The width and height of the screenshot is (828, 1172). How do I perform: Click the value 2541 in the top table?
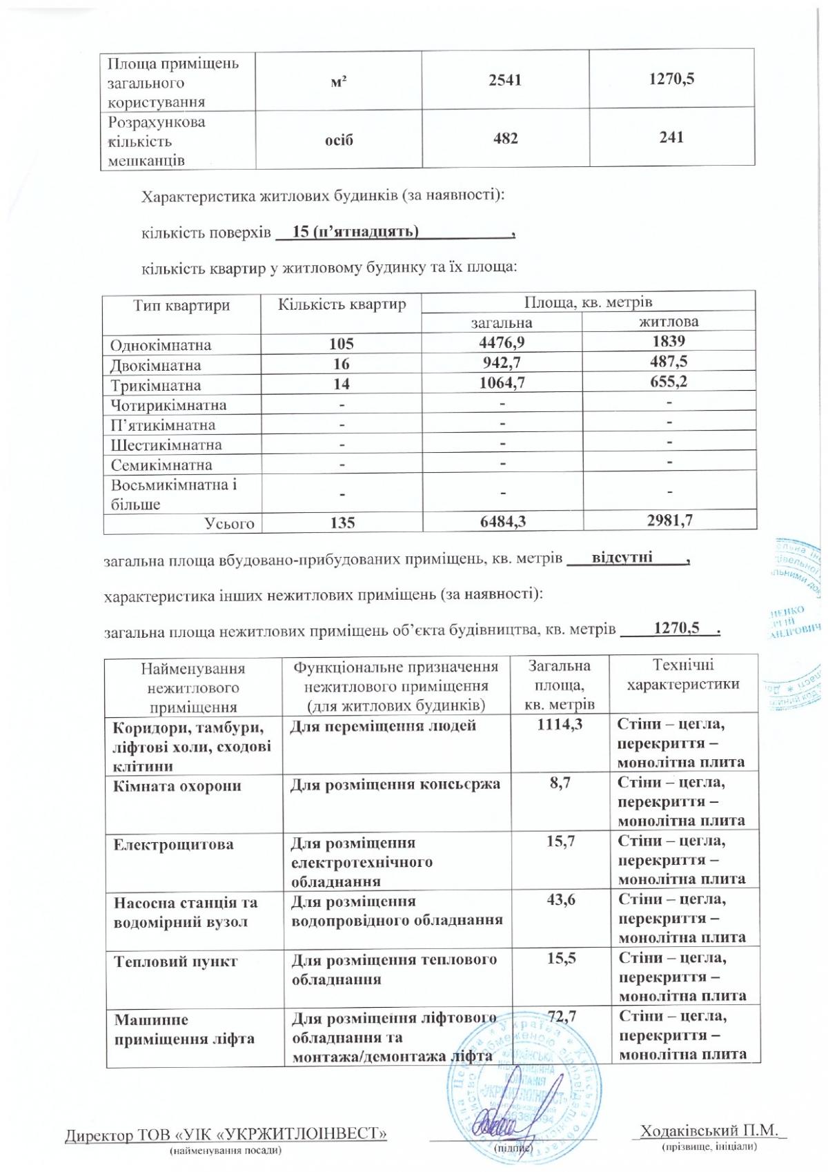coord(505,79)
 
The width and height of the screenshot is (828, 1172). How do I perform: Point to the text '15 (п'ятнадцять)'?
coord(356,231)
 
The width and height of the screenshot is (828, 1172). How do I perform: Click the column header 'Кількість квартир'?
coord(342,304)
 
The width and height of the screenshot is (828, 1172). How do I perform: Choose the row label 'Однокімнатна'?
coord(161,344)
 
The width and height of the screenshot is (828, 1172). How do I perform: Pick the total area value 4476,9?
coord(502,342)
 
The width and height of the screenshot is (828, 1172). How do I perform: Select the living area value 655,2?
coord(667,382)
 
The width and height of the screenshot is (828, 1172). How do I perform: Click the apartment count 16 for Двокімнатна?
coord(341,364)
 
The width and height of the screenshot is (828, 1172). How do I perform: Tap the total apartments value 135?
coord(341,523)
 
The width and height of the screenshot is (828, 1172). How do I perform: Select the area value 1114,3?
coord(560,725)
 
